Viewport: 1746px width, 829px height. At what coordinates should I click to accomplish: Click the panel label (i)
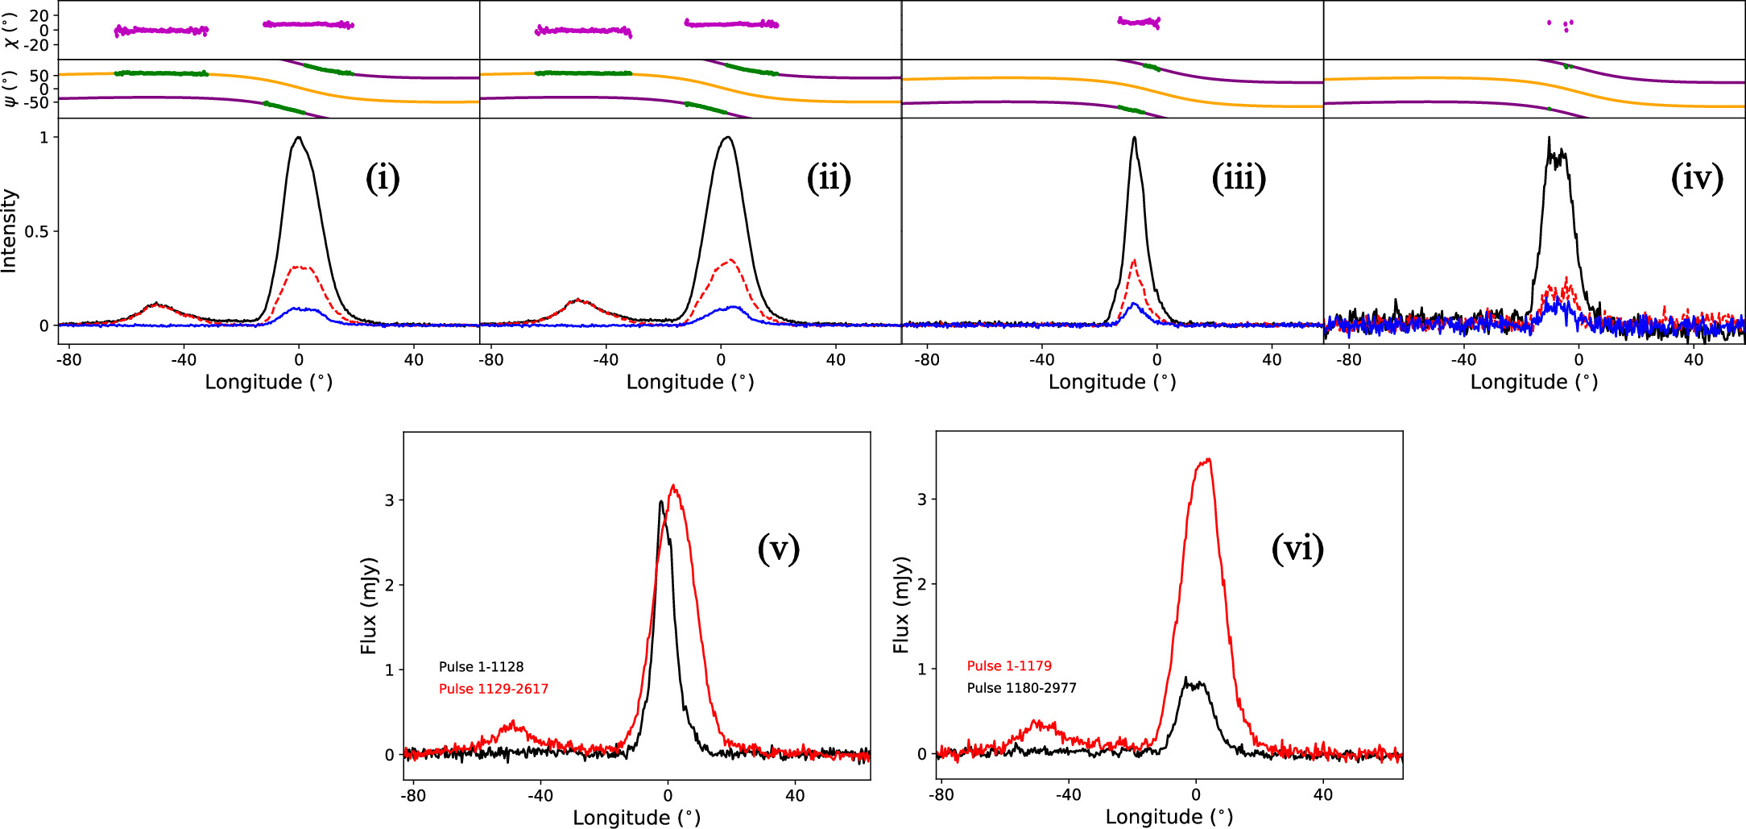[x=383, y=179]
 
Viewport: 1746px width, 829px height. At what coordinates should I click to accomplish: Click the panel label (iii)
[x=1239, y=179]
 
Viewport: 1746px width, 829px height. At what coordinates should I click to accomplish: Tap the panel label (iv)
[x=1697, y=179]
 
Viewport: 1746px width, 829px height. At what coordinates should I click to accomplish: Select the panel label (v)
[x=778, y=549]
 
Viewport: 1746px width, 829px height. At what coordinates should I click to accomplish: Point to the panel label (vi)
[x=1297, y=549]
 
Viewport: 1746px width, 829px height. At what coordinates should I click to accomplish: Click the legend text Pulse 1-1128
[x=481, y=667]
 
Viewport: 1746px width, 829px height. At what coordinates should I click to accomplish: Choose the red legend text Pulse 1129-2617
[x=493, y=689]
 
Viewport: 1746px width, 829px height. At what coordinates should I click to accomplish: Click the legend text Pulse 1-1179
[x=1009, y=666]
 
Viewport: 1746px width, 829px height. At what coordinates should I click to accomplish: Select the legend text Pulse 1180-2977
[x=1021, y=688]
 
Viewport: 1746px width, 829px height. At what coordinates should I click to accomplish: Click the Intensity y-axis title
[x=10, y=231]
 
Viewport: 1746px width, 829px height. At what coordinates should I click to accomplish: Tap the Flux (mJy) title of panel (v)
[x=369, y=605]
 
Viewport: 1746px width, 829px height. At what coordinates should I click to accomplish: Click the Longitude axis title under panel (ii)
[x=690, y=382]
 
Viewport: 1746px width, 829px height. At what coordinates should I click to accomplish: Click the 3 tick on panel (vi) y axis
[x=922, y=499]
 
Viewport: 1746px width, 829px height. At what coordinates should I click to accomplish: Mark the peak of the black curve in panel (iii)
[x=1134, y=138]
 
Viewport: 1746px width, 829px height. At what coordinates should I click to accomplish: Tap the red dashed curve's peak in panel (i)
[x=299, y=267]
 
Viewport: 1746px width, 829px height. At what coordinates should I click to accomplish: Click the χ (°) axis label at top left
[x=11, y=30]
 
